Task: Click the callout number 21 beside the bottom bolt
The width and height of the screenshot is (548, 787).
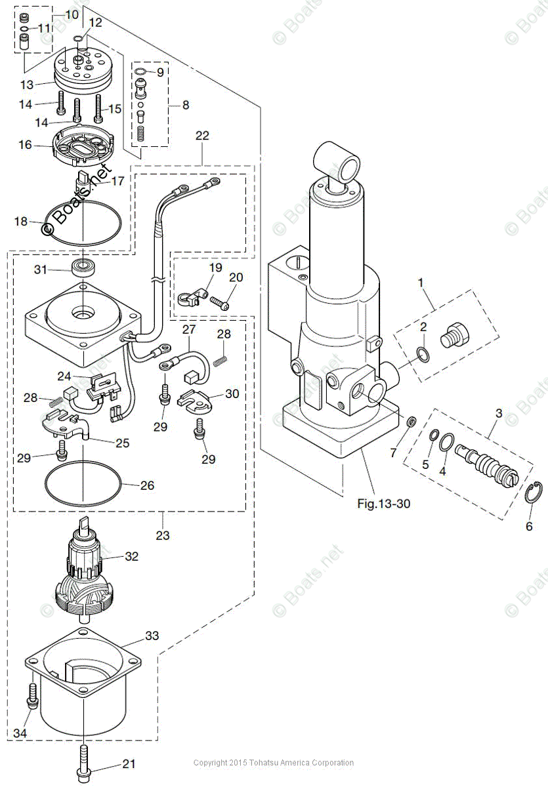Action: pyautogui.click(x=129, y=765)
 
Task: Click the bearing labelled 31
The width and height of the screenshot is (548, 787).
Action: pyautogui.click(x=83, y=266)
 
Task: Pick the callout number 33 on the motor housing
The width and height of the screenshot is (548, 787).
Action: pyautogui.click(x=152, y=636)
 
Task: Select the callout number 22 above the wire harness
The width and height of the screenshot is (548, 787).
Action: pyautogui.click(x=202, y=136)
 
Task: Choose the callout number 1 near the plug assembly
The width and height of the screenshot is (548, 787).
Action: pyautogui.click(x=421, y=285)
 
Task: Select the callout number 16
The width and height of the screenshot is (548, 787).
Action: pyautogui.click(x=25, y=144)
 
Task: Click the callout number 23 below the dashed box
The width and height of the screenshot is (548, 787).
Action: pyautogui.click(x=163, y=535)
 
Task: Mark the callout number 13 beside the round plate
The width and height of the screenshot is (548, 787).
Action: pyautogui.click(x=26, y=85)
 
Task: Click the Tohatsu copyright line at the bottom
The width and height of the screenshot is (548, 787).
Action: pyautogui.click(x=274, y=763)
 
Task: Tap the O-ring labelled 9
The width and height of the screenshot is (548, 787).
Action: pyautogui.click(x=141, y=72)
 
